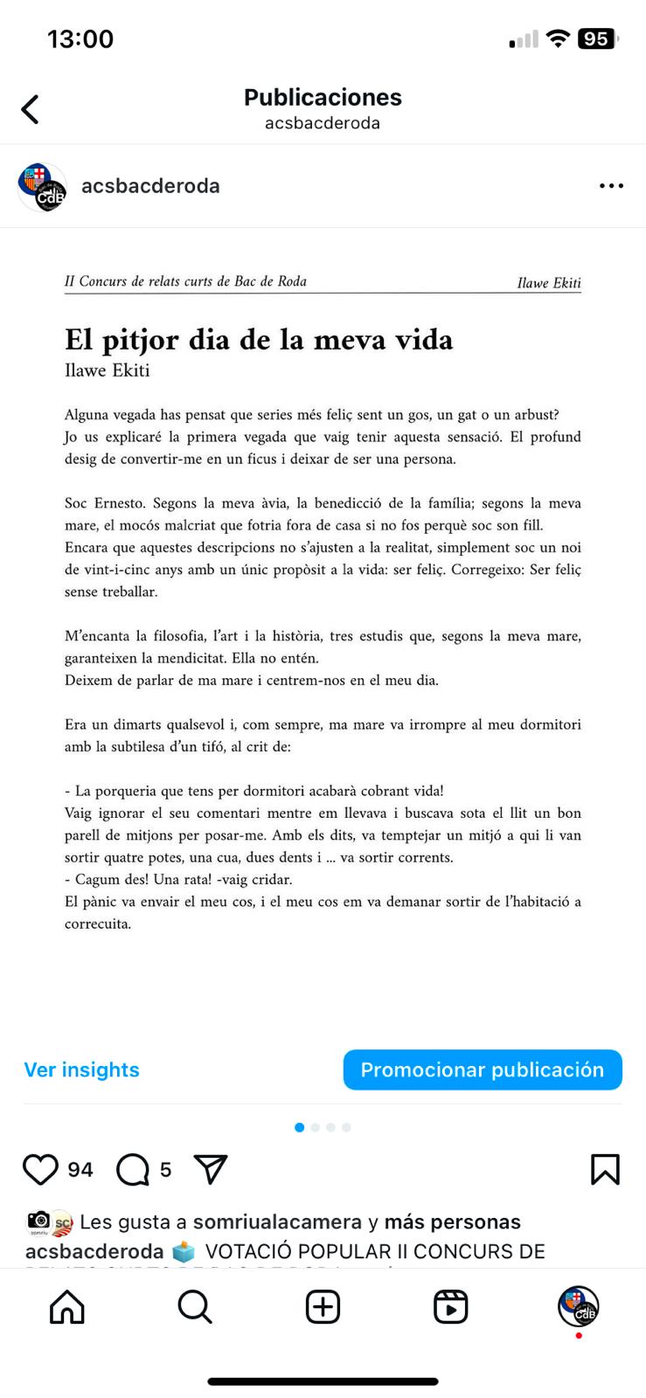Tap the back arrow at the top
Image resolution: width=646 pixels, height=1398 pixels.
(x=31, y=109)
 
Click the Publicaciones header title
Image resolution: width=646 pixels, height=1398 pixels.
(x=323, y=97)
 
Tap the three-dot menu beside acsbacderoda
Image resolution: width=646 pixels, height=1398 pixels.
(x=611, y=186)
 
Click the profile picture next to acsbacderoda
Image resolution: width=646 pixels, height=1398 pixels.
(x=42, y=186)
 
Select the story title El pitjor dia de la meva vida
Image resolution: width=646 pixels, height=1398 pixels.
(x=259, y=339)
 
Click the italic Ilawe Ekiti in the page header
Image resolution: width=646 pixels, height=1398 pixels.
(x=548, y=283)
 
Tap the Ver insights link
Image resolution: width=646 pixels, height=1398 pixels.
(x=81, y=1069)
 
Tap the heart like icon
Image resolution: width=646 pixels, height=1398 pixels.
(x=40, y=1169)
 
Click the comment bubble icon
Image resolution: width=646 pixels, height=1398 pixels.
(x=133, y=1169)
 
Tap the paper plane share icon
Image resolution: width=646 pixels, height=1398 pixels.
(x=211, y=1169)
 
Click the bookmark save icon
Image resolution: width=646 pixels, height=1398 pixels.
(x=605, y=1169)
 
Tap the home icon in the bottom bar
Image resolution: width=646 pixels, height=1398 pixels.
(x=67, y=1307)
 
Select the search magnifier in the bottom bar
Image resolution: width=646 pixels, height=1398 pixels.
(x=195, y=1307)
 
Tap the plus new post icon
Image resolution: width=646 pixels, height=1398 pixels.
(x=323, y=1307)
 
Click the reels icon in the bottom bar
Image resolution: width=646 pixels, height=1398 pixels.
(x=450, y=1307)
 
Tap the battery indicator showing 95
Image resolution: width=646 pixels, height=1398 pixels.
(x=597, y=38)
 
